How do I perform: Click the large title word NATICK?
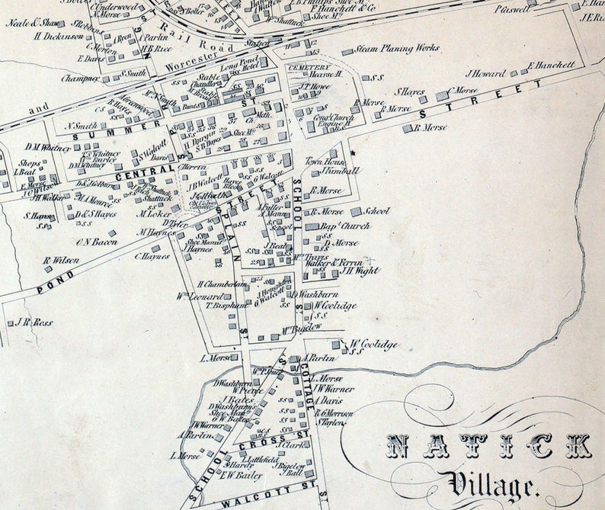(x=488, y=446)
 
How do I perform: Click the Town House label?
(x=325, y=162)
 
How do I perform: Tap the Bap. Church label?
(x=345, y=226)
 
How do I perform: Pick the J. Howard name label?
(x=485, y=74)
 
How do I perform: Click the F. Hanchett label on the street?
(x=551, y=65)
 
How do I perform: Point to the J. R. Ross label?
(x=34, y=322)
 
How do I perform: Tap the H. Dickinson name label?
(x=58, y=36)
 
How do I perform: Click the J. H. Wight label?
(x=360, y=270)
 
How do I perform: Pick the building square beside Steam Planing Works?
(x=347, y=52)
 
